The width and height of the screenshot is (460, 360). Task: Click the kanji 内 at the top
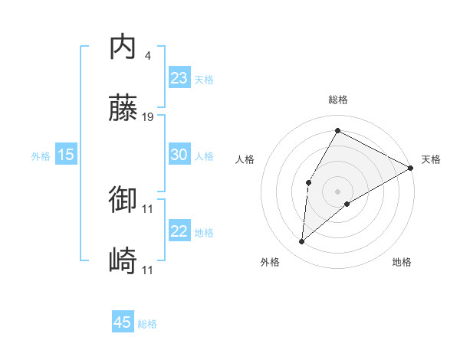[x=123, y=47]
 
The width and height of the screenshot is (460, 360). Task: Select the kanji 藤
[x=123, y=109]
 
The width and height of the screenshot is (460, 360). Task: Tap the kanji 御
[x=123, y=200]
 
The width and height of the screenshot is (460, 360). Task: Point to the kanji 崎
[x=123, y=261]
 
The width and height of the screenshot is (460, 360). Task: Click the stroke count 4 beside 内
[x=147, y=56]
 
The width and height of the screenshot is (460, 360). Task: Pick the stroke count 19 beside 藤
[x=149, y=117]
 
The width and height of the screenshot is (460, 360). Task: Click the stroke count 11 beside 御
[x=149, y=208]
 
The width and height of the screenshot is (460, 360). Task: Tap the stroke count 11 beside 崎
[x=149, y=270]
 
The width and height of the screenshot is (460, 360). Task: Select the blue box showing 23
[x=179, y=78]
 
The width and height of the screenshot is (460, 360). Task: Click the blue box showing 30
[x=179, y=155]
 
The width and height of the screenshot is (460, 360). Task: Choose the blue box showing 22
[x=179, y=231]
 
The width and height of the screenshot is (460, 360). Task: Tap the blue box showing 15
[x=66, y=155]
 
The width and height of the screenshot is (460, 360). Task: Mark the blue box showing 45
[x=123, y=322]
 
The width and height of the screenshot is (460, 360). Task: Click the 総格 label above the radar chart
[x=338, y=100]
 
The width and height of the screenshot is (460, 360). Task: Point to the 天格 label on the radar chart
[x=431, y=159]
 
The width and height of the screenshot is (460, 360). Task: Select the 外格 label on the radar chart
[x=270, y=262]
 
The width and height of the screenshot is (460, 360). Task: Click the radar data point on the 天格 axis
[x=411, y=168]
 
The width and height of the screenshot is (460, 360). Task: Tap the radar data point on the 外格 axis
[x=302, y=242]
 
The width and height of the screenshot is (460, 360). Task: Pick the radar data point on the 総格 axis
[x=337, y=130]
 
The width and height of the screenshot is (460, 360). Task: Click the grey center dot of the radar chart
[x=337, y=191]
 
